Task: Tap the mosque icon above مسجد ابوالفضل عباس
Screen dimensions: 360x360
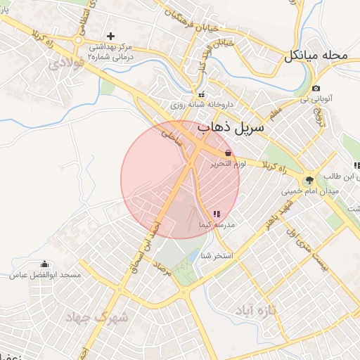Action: [46, 264]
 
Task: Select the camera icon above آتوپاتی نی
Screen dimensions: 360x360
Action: [316, 89]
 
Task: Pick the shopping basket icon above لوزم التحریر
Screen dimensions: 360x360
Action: [228, 153]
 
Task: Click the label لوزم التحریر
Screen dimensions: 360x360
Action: [226, 163]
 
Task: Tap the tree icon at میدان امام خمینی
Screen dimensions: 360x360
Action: [309, 181]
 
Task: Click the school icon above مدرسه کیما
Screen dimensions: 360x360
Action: [216, 214]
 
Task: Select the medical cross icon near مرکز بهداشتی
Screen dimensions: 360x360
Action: [110, 36]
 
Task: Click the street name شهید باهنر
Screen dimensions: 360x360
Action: [274, 212]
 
